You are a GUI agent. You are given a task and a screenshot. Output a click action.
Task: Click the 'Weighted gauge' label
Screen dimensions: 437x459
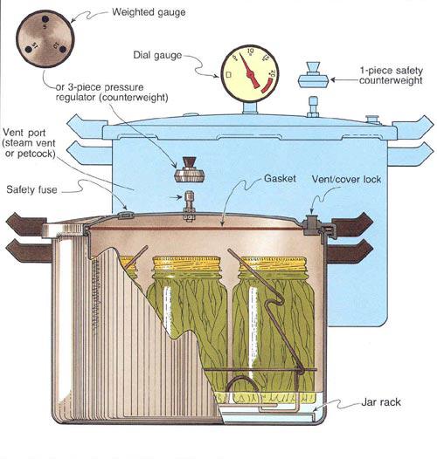pos(149,12)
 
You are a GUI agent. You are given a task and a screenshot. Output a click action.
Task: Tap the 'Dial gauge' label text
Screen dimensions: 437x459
pos(157,55)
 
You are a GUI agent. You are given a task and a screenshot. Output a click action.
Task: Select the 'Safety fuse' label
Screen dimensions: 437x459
pos(31,189)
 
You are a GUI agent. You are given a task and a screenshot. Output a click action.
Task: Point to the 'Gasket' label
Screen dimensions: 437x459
pos(280,179)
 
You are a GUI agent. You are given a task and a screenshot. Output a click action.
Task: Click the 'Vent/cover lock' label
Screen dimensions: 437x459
pos(346,179)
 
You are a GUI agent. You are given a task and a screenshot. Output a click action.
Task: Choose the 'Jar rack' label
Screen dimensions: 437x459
pos(381,402)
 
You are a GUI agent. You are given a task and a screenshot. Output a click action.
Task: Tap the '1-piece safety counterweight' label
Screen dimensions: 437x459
pos(391,75)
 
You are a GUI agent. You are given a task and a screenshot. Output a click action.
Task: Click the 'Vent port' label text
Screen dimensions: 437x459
pos(24,133)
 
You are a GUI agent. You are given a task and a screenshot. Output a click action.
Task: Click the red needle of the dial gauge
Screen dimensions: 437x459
pos(249,72)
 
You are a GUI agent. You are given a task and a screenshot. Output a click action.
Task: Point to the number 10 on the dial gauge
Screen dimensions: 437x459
pos(250,51)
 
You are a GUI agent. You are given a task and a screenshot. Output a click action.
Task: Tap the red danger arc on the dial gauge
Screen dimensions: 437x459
pos(267,85)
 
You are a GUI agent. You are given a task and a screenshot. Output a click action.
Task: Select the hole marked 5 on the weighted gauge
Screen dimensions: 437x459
pos(45,19)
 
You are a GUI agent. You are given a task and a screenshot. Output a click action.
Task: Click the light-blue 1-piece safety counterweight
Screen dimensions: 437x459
pos(313,75)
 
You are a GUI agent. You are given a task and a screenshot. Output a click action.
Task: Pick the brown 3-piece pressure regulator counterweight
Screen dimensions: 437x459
pos(189,170)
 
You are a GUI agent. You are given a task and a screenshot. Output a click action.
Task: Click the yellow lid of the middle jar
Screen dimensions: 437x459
pos(186,264)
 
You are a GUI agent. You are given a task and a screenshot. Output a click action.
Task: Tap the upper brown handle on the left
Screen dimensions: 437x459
pos(26,225)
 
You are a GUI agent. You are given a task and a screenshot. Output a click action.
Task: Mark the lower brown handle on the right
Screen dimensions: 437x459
pos(350,251)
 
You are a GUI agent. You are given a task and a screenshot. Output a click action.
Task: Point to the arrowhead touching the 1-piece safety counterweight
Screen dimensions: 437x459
pos(333,79)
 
